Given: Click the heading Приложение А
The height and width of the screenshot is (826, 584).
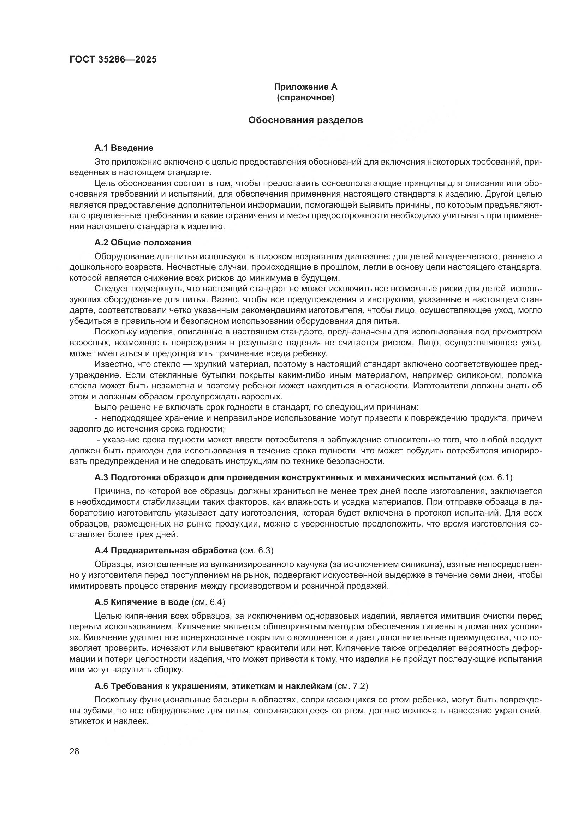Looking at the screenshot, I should tap(306, 87).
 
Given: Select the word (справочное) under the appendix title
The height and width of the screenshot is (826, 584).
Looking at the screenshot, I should tap(306, 97).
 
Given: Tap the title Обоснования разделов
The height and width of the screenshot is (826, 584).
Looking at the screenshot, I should tap(306, 120).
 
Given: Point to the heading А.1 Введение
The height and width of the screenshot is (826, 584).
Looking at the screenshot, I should tap(124, 148).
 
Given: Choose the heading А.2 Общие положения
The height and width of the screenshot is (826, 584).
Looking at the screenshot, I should tap(143, 243).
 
